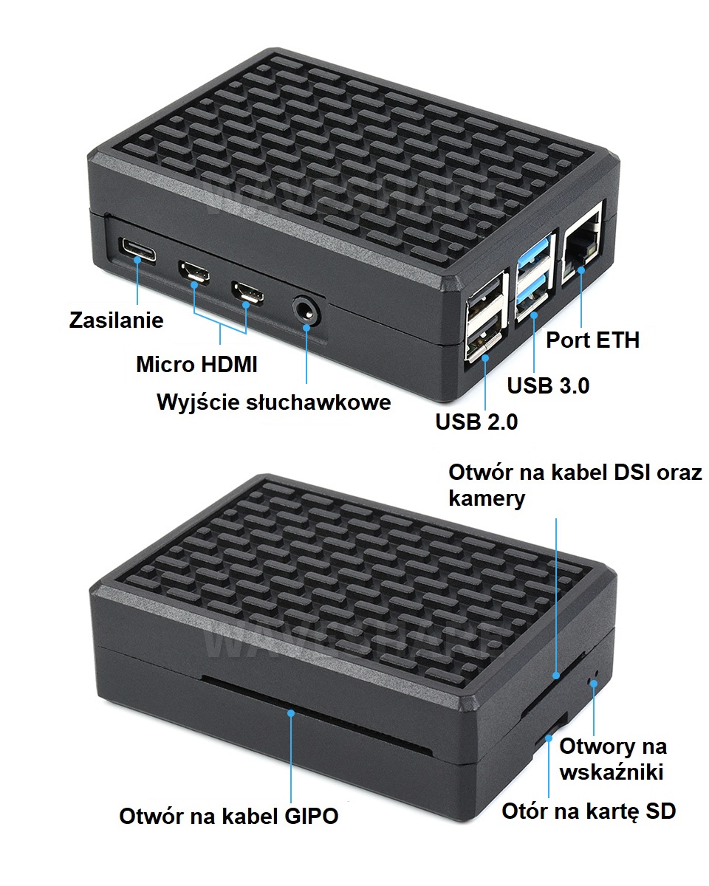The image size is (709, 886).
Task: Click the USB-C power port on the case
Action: (137, 248)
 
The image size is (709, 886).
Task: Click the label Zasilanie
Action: (116, 320)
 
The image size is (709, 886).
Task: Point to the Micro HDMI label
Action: (196, 364)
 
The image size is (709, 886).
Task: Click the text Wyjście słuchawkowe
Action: (273, 402)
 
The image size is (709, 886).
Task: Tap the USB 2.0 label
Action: (476, 422)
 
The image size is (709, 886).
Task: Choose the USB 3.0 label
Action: (548, 385)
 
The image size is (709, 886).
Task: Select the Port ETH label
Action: (592, 340)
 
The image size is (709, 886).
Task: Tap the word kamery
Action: (487, 498)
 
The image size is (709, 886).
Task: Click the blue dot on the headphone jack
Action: (306, 327)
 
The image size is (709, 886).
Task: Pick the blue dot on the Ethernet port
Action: (581, 269)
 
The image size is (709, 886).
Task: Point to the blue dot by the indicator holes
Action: (594, 684)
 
